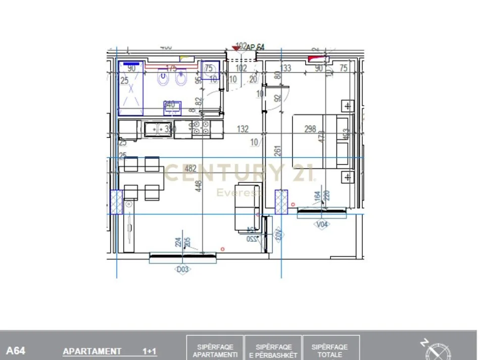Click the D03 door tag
point(183,270)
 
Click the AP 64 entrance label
point(255,47)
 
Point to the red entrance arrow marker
point(235,48)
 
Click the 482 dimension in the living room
point(190,168)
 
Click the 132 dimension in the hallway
point(243,130)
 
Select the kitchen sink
point(158,129)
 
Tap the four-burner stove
point(201,129)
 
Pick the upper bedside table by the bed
point(348,106)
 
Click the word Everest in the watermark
point(239,192)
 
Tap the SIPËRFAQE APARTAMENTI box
point(215,348)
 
